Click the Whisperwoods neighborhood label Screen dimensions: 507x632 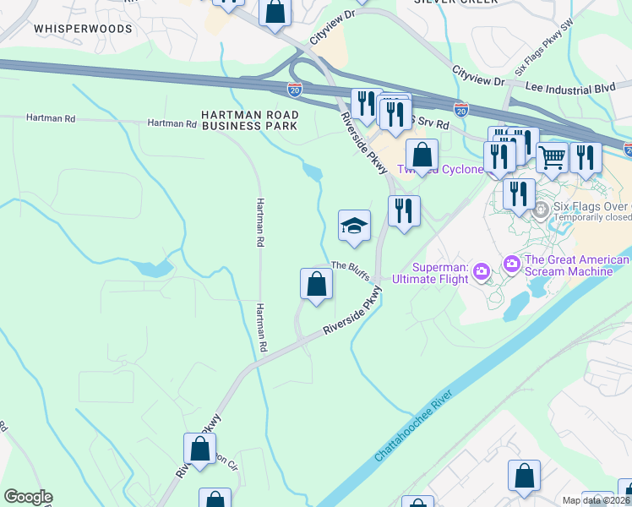[x=83, y=29]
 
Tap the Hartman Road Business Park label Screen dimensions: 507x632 [x=249, y=119]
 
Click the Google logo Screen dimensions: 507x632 [x=28, y=497]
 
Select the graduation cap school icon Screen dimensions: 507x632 [x=355, y=226]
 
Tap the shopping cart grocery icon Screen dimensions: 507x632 [x=551, y=155]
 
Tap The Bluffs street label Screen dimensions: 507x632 [x=350, y=265]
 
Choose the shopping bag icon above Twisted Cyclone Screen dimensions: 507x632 [x=422, y=155]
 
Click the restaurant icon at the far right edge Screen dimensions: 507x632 [x=585, y=157]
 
